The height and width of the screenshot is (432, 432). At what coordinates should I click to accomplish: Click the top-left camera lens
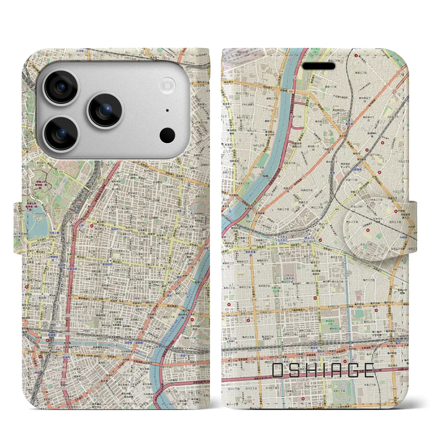pyautogui.click(x=61, y=87)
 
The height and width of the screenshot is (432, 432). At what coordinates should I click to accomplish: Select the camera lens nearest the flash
pyautogui.click(x=106, y=110)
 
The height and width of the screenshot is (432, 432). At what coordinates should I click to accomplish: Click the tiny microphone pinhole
pyautogui.click(x=167, y=110)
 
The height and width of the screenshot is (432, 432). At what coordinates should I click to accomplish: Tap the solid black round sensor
pyautogui.click(x=167, y=135)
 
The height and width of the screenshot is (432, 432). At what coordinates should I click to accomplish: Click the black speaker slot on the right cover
pyautogui.click(x=319, y=66)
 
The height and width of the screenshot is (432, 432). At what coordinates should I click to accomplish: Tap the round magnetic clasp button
pyautogui.click(x=370, y=229)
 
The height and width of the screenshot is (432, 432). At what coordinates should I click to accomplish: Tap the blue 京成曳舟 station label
pyautogui.click(x=356, y=170)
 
